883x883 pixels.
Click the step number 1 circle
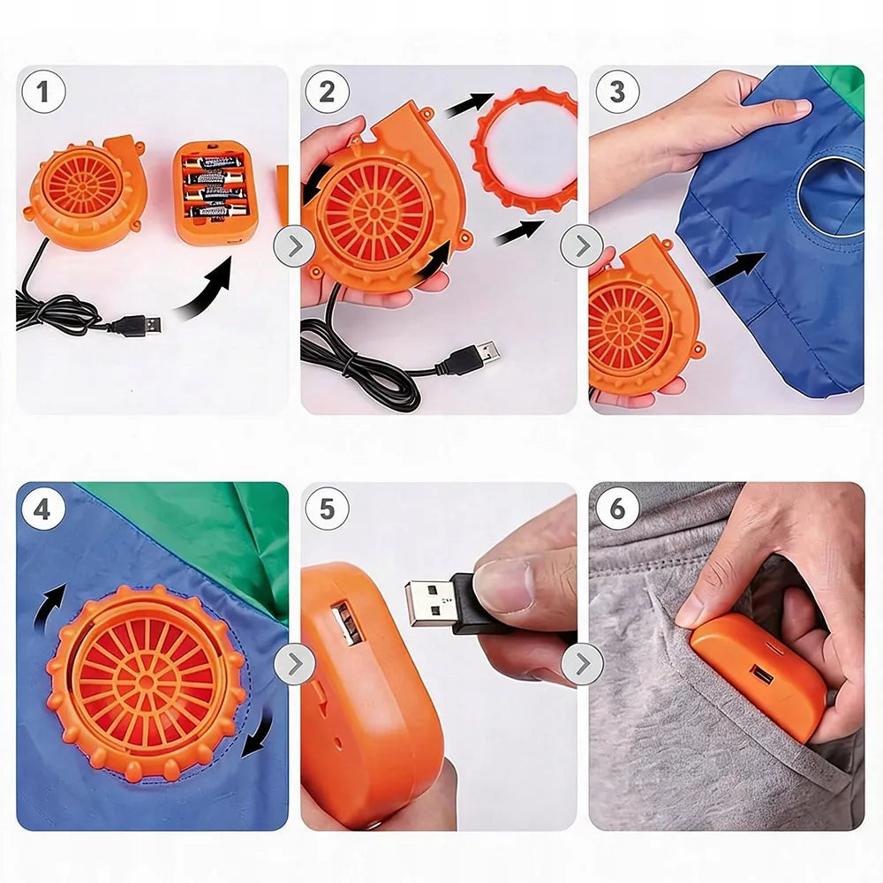pyautogui.click(x=44, y=92)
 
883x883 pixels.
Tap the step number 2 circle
pyautogui.click(x=328, y=92)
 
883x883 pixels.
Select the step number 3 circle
pyautogui.click(x=617, y=92)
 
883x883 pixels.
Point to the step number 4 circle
pyautogui.click(x=42, y=510)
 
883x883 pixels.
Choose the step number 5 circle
pyautogui.click(x=328, y=509)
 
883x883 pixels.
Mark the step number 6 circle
pyautogui.click(x=617, y=509)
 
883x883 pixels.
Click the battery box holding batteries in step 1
pyautogui.click(x=215, y=192)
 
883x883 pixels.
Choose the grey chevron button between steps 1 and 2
pyautogui.click(x=294, y=246)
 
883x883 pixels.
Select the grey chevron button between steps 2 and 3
pyautogui.click(x=582, y=246)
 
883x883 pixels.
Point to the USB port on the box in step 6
pyautogui.click(x=759, y=674)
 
